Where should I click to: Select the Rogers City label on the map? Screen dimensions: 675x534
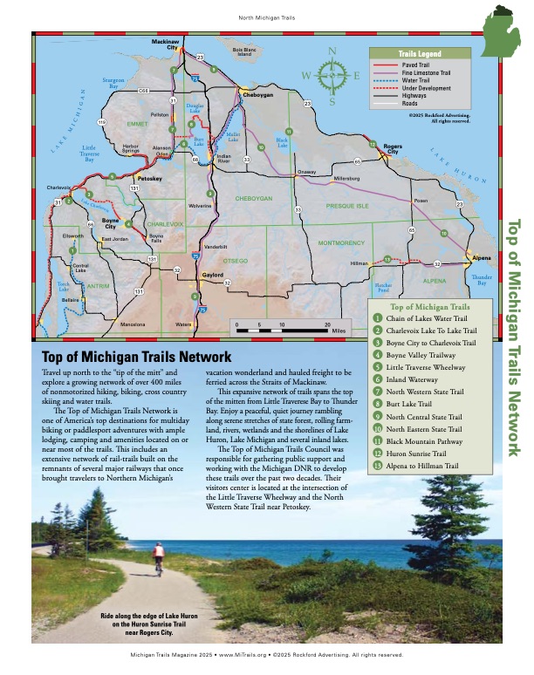393,148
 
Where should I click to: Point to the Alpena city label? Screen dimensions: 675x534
483,259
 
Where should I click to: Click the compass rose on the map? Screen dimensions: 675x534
332,75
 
